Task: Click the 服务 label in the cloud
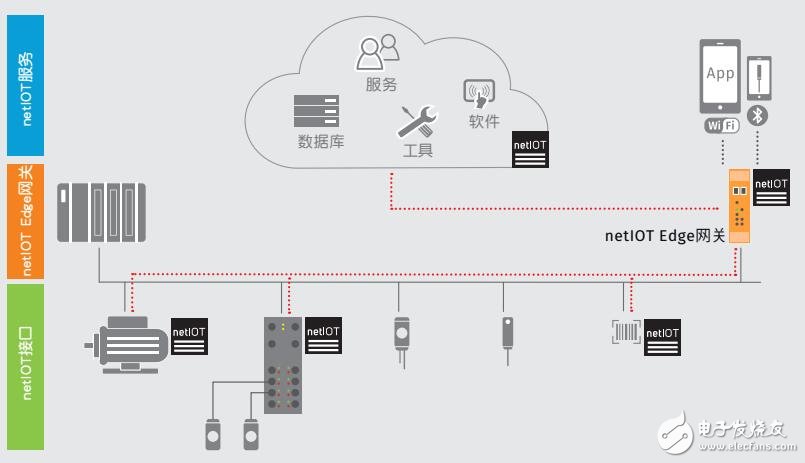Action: coord(382,85)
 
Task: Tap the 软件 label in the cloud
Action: coord(484,121)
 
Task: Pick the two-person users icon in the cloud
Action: coord(378,51)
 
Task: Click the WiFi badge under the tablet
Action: coord(722,126)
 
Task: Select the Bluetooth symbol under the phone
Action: coord(758,117)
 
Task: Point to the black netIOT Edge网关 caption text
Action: coord(665,237)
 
